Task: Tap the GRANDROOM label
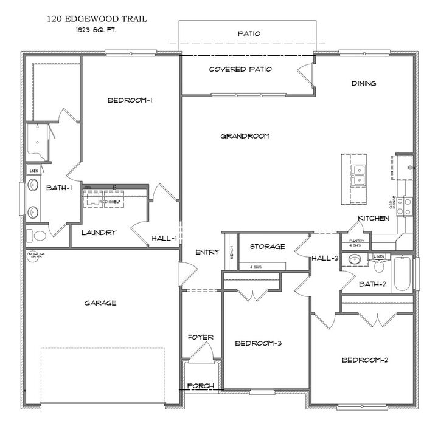click(x=245, y=136)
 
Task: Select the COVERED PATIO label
click(x=240, y=69)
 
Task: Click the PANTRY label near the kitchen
click(x=356, y=241)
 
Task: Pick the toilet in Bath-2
click(x=379, y=267)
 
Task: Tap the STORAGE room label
click(x=267, y=247)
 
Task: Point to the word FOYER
click(x=200, y=337)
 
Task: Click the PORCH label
click(x=200, y=386)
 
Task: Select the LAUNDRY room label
click(x=99, y=233)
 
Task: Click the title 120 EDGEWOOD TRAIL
click(x=97, y=19)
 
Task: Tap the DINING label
click(x=364, y=84)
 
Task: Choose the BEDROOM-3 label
click(x=258, y=343)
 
